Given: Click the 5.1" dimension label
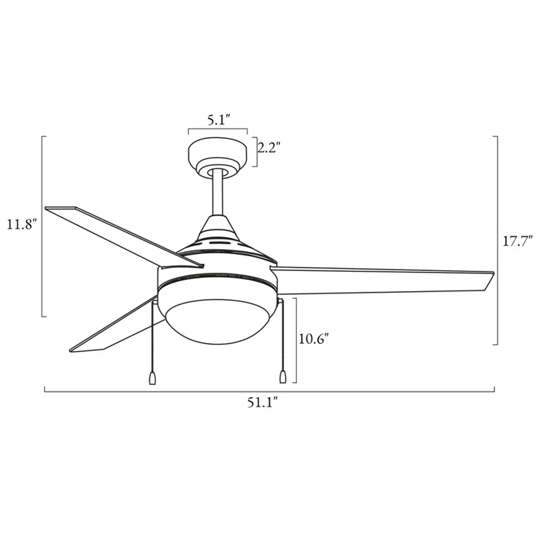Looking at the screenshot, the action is click(219, 120).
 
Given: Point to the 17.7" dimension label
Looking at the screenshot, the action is click(518, 241).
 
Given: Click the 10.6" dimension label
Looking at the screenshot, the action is click(314, 339).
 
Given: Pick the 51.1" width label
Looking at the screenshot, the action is click(263, 402).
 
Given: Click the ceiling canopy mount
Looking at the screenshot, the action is click(218, 157).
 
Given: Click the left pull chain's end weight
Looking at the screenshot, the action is click(152, 378).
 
